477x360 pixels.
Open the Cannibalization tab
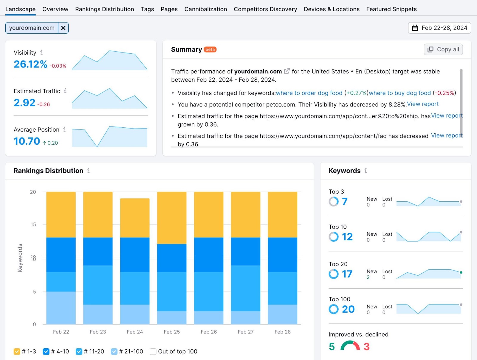tap(205, 9)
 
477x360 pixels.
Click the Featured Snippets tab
tap(391, 9)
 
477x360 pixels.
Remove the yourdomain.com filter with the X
tap(63, 28)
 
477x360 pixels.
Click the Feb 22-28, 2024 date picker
tap(439, 28)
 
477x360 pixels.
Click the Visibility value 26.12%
tap(30, 64)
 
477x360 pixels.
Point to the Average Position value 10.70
tap(27, 141)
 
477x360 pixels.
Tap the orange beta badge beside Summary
tap(210, 50)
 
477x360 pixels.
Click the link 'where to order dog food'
tap(309, 93)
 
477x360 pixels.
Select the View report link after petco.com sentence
tap(423, 104)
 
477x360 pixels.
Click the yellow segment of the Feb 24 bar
tap(135, 218)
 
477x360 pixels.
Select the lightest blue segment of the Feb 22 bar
tap(61, 308)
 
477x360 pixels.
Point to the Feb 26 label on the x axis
tap(209, 332)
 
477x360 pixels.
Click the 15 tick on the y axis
tap(33, 224)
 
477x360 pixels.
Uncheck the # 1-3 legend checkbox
tap(17, 351)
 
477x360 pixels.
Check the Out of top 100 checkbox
tap(153, 351)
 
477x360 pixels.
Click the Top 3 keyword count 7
tap(345, 202)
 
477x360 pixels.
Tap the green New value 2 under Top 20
tap(368, 277)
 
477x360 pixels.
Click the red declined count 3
tap(366, 347)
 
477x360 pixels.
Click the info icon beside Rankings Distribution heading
tap(88, 171)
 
